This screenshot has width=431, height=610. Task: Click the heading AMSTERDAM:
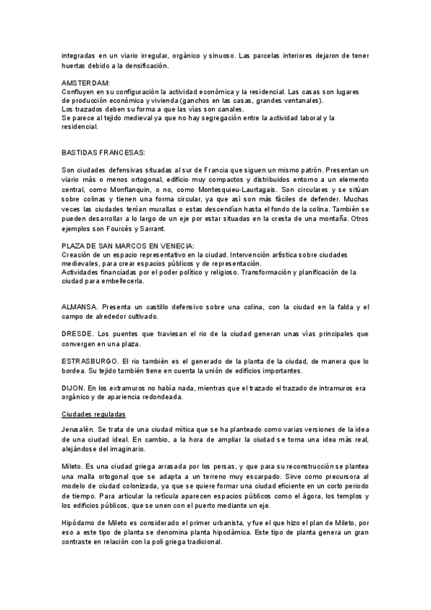pyautogui.click(x=85, y=83)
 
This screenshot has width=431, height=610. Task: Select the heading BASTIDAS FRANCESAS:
pyautogui.click(x=103, y=153)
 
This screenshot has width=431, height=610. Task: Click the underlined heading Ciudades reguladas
pyautogui.click(x=94, y=415)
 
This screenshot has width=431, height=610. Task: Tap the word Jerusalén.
pyautogui.click(x=79, y=429)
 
